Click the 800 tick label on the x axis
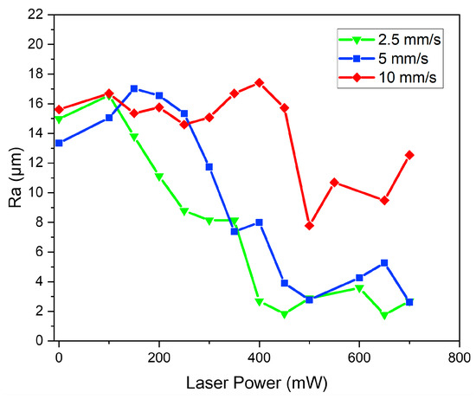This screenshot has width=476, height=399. point(459,356)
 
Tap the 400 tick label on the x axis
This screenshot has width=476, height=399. point(259,356)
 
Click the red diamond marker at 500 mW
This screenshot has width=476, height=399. point(309,225)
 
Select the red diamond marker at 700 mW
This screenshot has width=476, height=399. point(409,155)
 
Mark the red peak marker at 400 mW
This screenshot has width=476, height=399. point(259,82)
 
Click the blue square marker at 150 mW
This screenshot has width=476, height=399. point(134,88)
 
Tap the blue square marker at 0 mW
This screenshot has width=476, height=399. point(59,143)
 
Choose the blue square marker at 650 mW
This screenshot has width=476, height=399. point(384,262)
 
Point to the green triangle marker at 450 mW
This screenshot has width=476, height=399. point(284,314)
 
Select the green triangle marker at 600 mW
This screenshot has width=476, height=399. point(359,288)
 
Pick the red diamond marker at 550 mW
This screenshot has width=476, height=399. point(334,183)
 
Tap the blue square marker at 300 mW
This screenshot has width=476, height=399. point(209,166)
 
